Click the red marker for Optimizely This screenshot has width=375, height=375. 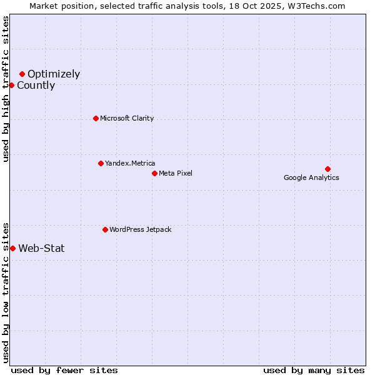(x=22, y=74)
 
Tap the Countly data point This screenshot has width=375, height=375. (x=11, y=85)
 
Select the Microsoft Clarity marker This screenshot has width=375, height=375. (x=96, y=118)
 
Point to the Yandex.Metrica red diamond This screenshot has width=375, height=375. (x=101, y=163)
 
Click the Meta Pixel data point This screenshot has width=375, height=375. (x=154, y=173)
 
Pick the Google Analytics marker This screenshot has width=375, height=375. (x=327, y=169)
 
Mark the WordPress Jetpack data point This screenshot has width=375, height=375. (x=105, y=229)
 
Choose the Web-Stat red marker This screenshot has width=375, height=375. (x=12, y=248)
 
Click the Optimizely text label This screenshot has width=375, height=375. (x=54, y=74)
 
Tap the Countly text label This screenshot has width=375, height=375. (x=36, y=86)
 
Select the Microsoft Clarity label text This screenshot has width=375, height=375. (x=127, y=118)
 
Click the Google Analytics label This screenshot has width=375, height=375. (x=311, y=177)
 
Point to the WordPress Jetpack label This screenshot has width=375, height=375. (x=140, y=229)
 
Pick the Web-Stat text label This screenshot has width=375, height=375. (x=41, y=248)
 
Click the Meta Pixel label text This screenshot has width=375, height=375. (x=176, y=173)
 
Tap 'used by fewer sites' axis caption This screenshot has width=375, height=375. (x=64, y=370)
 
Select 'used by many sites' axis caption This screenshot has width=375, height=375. (x=314, y=370)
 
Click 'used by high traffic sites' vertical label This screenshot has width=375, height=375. (x=6, y=89)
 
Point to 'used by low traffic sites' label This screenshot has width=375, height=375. (x=6, y=292)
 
